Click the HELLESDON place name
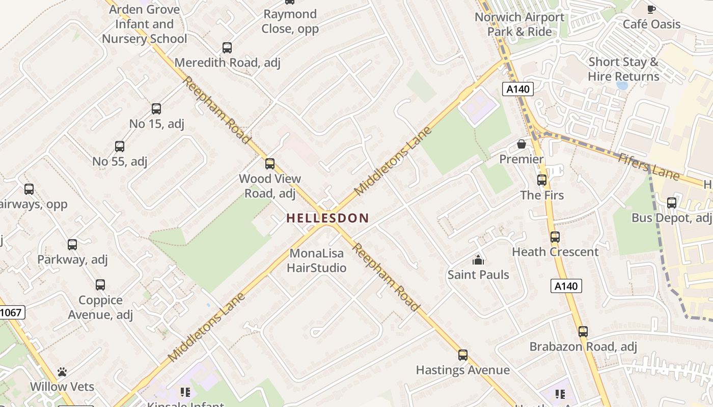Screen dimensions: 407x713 click(x=327, y=218)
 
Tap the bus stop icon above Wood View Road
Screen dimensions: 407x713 click(x=270, y=164)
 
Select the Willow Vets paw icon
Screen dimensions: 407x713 click(x=62, y=372)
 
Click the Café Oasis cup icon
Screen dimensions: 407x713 click(x=651, y=9)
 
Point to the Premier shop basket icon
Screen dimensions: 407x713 click(x=522, y=144)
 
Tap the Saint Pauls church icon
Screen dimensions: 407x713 click(x=478, y=260)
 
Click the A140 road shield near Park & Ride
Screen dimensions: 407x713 click(x=518, y=89)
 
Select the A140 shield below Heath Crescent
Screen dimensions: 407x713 click(x=566, y=286)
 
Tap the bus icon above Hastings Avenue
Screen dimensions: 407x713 click(x=462, y=355)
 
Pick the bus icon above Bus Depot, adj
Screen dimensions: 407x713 click(x=671, y=203)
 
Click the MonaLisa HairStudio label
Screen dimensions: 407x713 click(x=317, y=260)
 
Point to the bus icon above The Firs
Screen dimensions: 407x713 click(x=541, y=180)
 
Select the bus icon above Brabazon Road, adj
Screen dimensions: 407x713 click(x=583, y=332)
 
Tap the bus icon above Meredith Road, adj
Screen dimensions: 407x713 click(x=227, y=48)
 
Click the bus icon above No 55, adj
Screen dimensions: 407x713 click(x=120, y=147)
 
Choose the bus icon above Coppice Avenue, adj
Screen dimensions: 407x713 click(x=100, y=285)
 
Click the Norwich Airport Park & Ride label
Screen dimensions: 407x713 click(x=519, y=24)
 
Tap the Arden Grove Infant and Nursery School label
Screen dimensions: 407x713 click(x=145, y=24)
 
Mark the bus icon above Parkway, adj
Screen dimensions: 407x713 click(x=72, y=245)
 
